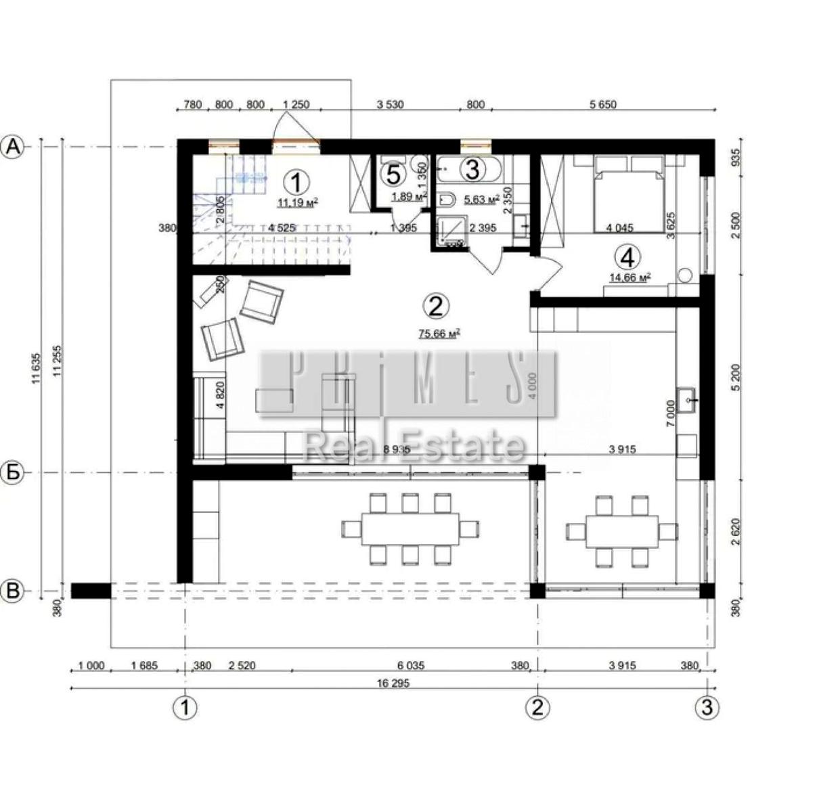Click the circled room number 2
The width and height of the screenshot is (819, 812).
point(435,306)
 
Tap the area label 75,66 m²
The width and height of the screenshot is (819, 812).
point(439,333)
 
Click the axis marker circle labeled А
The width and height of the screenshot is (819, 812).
point(14,146)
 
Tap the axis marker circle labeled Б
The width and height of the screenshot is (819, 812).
point(14,472)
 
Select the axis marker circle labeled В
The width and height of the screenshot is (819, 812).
point(14,591)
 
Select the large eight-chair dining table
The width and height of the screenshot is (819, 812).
point(410,528)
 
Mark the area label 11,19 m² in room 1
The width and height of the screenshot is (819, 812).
point(297,202)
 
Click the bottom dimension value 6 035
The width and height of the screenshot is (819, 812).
point(410,666)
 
